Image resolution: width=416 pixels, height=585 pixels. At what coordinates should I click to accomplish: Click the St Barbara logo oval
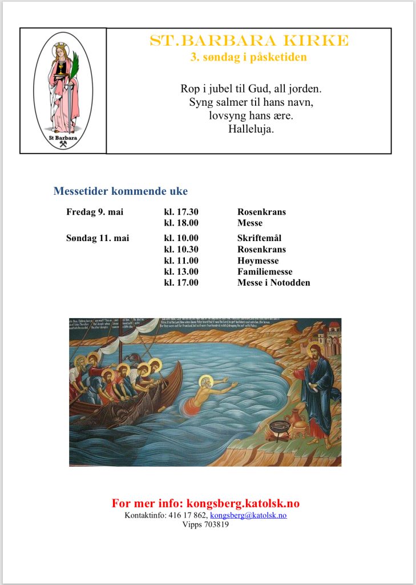tap(63, 91)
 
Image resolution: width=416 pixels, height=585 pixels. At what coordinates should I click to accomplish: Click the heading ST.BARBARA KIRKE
tap(248, 41)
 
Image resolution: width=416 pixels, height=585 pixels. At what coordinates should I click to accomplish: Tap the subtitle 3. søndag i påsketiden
tap(248, 57)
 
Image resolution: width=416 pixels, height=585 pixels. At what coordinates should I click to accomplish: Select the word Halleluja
tap(251, 129)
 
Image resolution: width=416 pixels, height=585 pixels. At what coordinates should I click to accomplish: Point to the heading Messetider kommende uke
tap(120, 191)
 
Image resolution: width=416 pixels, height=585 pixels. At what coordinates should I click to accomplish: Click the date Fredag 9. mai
tap(95, 212)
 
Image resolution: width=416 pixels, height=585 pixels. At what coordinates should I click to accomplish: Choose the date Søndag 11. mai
tap(98, 238)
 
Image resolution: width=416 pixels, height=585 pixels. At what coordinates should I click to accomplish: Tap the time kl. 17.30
tap(181, 212)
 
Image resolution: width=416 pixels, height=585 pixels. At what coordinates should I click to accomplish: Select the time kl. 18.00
tap(181, 223)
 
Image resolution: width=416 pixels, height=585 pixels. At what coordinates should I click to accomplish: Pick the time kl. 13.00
tap(181, 271)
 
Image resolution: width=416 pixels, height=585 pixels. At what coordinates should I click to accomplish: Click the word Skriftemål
tap(260, 238)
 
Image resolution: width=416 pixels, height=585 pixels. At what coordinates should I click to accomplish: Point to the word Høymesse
tap(258, 261)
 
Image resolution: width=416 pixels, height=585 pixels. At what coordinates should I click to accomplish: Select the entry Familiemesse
tap(265, 271)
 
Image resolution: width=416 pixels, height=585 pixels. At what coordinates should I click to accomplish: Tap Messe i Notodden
tap(274, 282)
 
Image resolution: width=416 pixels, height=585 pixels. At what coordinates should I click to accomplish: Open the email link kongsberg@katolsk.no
tap(248, 515)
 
